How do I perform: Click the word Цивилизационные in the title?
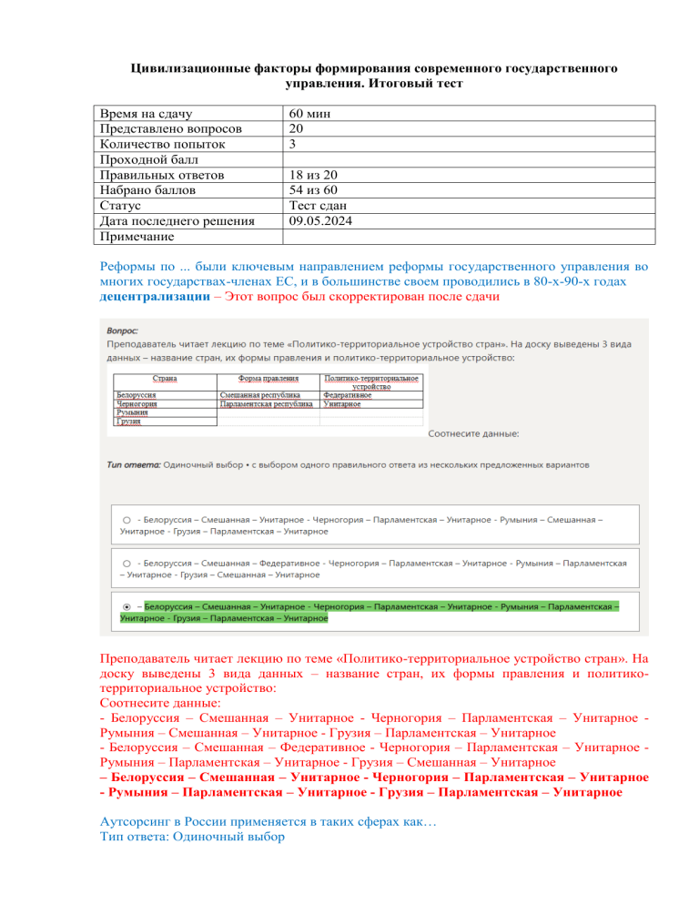(188, 68)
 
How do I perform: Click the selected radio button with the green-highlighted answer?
(126, 605)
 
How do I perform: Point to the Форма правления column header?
(268, 378)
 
